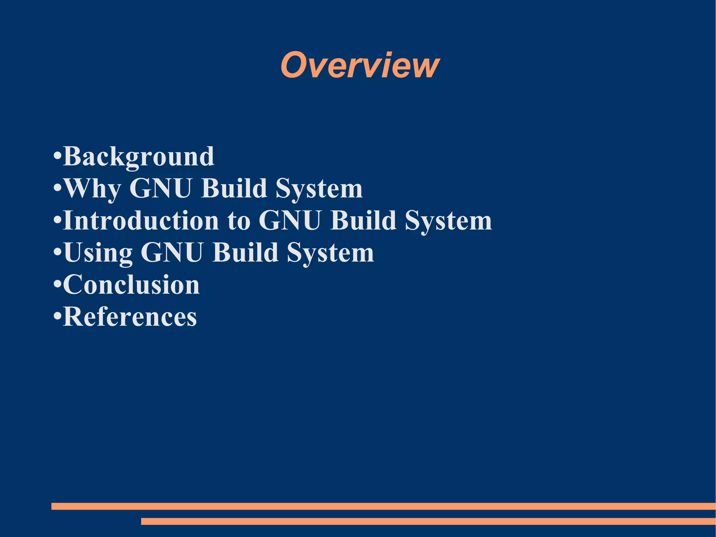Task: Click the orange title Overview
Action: click(360, 65)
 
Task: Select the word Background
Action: click(139, 156)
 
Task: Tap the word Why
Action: click(93, 189)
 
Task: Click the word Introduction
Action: click(141, 221)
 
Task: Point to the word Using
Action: click(98, 253)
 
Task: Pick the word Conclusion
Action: click(131, 284)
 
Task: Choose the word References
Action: click(130, 317)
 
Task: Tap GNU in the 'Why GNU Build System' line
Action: click(160, 189)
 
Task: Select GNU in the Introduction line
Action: click(289, 221)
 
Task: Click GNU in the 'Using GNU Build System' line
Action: click(172, 253)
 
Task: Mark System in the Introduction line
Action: click(448, 221)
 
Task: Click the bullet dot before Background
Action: click(57, 155)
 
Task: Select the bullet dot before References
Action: click(57, 316)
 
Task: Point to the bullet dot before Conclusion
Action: click(57, 283)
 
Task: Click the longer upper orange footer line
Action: click(383, 506)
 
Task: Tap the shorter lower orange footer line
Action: click(428, 521)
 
